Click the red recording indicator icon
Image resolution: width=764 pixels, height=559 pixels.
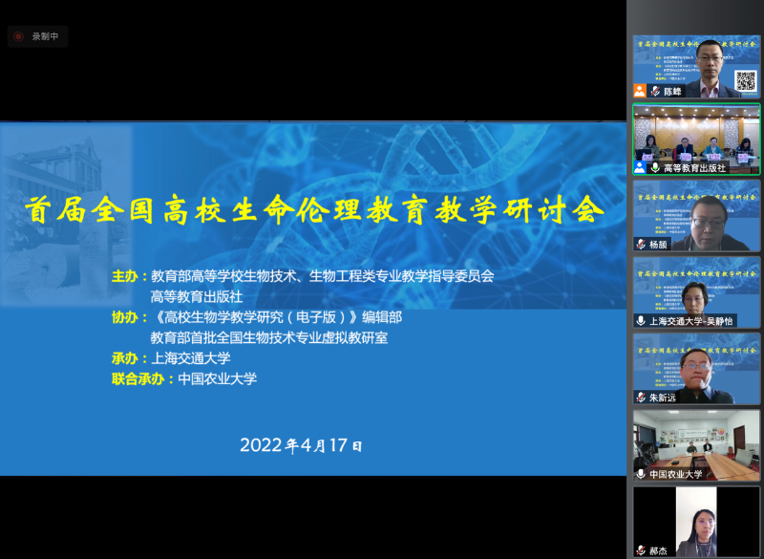pyautogui.click(x=18, y=36)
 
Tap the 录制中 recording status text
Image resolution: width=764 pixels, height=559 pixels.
pyautogui.click(x=45, y=36)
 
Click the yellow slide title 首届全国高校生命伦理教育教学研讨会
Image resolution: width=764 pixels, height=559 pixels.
pyautogui.click(x=315, y=208)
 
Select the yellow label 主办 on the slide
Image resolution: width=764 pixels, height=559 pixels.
pyautogui.click(x=125, y=276)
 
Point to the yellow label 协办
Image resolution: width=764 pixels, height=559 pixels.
pyautogui.click(x=125, y=317)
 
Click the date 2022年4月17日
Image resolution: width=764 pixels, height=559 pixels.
pyautogui.click(x=301, y=445)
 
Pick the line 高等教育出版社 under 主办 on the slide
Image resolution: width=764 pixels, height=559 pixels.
pyautogui.click(x=197, y=296)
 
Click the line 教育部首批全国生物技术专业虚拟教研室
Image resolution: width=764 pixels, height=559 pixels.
pyautogui.click(x=268, y=337)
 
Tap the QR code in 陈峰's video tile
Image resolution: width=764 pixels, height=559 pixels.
pyautogui.click(x=745, y=79)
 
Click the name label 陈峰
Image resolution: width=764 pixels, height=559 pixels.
pyautogui.click(x=673, y=92)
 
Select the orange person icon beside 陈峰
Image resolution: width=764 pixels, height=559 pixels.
pyautogui.click(x=640, y=91)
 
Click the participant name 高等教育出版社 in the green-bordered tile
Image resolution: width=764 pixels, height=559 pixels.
pyautogui.click(x=694, y=168)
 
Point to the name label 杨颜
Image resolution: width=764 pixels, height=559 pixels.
pyautogui.click(x=660, y=245)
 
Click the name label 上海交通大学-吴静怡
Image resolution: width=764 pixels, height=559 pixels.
pyautogui.click(x=691, y=321)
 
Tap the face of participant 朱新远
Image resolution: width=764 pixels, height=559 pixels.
pyautogui.click(x=697, y=365)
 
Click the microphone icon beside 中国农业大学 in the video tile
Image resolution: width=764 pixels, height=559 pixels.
pyautogui.click(x=641, y=474)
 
